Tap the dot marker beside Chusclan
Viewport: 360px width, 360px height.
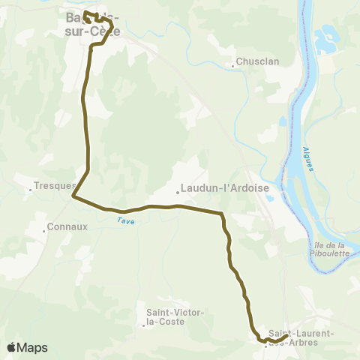click(233, 66)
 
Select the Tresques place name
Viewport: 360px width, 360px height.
click(56, 185)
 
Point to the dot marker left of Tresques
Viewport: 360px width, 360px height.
click(31, 189)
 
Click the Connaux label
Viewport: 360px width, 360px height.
click(67, 226)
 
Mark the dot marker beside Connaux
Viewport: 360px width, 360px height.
click(44, 229)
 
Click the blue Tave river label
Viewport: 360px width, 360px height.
click(124, 220)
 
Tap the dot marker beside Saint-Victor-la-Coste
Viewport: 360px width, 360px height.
click(143, 325)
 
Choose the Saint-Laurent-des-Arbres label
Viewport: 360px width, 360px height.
click(301, 337)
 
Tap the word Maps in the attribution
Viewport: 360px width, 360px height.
click(32, 347)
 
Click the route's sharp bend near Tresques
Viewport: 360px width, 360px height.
click(73, 196)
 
